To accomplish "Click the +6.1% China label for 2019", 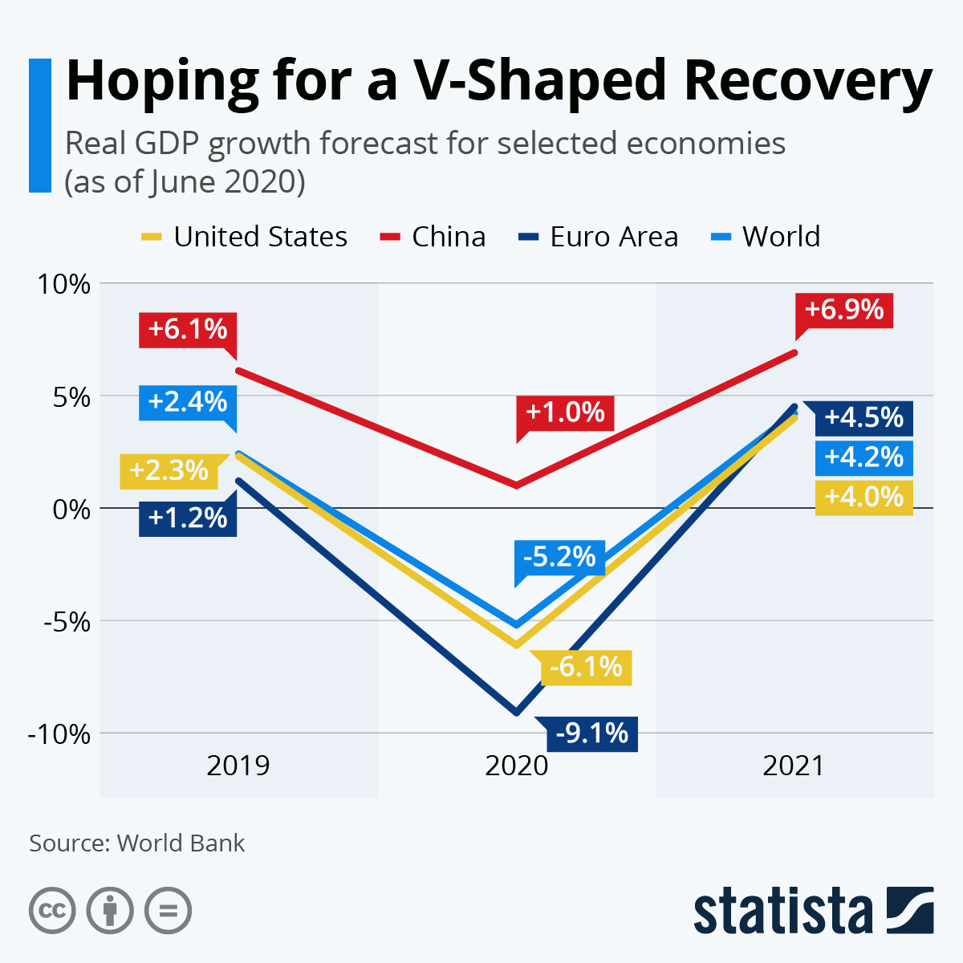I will pyautogui.click(x=188, y=330).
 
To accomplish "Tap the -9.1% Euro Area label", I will pyautogui.click(x=592, y=733).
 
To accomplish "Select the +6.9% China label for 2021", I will pyautogui.click(x=844, y=310).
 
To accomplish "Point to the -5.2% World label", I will pyautogui.click(x=560, y=557).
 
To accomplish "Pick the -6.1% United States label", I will pyautogui.click(x=587, y=667).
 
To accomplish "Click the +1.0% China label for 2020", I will pyautogui.click(x=565, y=412).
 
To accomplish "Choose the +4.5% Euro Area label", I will pyautogui.click(x=864, y=418).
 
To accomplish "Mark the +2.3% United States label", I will pyautogui.click(x=169, y=470).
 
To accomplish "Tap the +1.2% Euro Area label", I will pyautogui.click(x=188, y=518).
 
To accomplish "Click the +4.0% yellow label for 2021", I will pyautogui.click(x=864, y=497).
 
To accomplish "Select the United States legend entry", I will pyautogui.click(x=245, y=237).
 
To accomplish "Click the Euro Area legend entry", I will pyautogui.click(x=599, y=237).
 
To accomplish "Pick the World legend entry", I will pyautogui.click(x=766, y=237).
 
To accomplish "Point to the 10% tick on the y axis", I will pyautogui.click(x=60, y=284).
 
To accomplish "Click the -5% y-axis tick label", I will pyautogui.click(x=60, y=621).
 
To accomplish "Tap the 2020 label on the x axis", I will pyautogui.click(x=516, y=766).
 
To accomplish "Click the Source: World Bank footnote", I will pyautogui.click(x=137, y=843).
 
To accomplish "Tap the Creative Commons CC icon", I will pyautogui.click(x=52, y=911).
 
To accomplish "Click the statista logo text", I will pyautogui.click(x=782, y=912).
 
